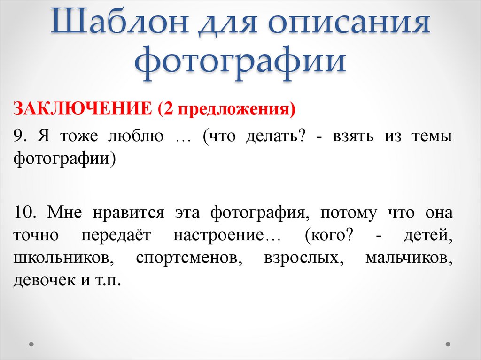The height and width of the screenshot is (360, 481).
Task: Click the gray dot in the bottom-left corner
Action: pyautogui.click(x=31, y=344)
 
